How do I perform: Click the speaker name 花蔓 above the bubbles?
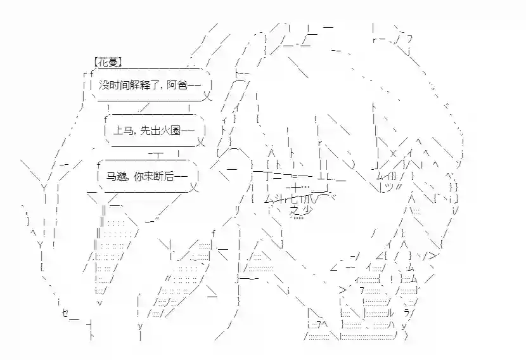[x=108, y=62]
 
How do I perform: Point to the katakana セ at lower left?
[x=65, y=313]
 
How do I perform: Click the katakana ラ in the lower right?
[x=407, y=313]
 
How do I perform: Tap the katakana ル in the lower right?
[x=390, y=313]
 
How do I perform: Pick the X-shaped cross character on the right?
[x=394, y=153]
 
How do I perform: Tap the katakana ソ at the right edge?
[x=459, y=164]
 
